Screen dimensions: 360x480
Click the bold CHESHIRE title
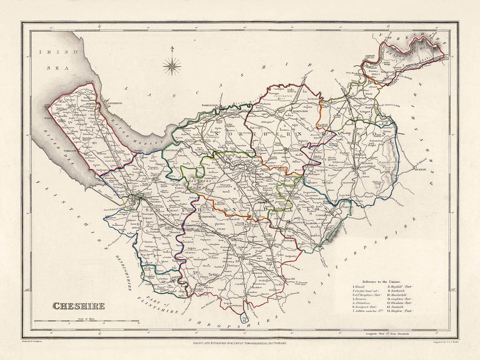tap(78, 306)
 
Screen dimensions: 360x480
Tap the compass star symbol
tap(172, 66)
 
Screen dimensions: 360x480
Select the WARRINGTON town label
tap(211, 106)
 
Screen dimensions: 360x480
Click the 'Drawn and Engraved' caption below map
tap(239, 344)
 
